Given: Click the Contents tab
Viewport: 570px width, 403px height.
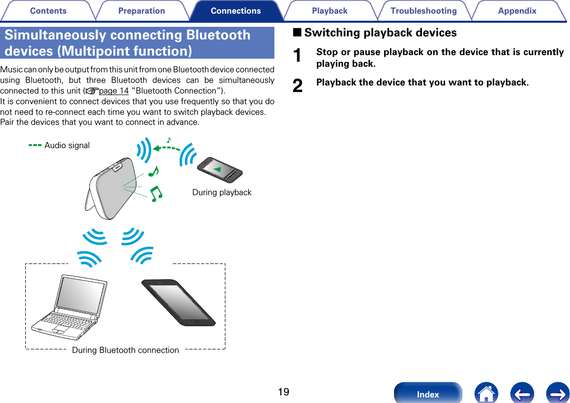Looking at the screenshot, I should [x=48, y=11].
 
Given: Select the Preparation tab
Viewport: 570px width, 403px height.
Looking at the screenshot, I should [x=141, y=11].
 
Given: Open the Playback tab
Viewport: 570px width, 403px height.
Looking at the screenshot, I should [x=329, y=11].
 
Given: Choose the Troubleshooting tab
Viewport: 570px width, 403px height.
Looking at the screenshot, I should [x=423, y=11].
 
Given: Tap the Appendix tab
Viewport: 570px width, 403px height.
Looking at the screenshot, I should [x=517, y=11].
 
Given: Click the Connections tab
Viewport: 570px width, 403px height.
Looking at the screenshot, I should [x=235, y=11].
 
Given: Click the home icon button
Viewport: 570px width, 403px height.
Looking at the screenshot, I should [x=486, y=393].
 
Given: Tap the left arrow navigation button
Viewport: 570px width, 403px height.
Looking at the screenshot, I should [x=522, y=393].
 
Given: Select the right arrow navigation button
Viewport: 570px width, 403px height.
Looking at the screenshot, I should [x=558, y=393].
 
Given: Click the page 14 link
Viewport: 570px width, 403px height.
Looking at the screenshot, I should [x=114, y=91].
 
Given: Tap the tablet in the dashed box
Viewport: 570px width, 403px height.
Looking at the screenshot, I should [x=178, y=302].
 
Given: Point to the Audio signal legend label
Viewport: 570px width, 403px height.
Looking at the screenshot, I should [x=67, y=146].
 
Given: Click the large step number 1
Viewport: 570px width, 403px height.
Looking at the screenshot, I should [x=299, y=56].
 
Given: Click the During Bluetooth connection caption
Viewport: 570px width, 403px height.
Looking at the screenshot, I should [x=125, y=350].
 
